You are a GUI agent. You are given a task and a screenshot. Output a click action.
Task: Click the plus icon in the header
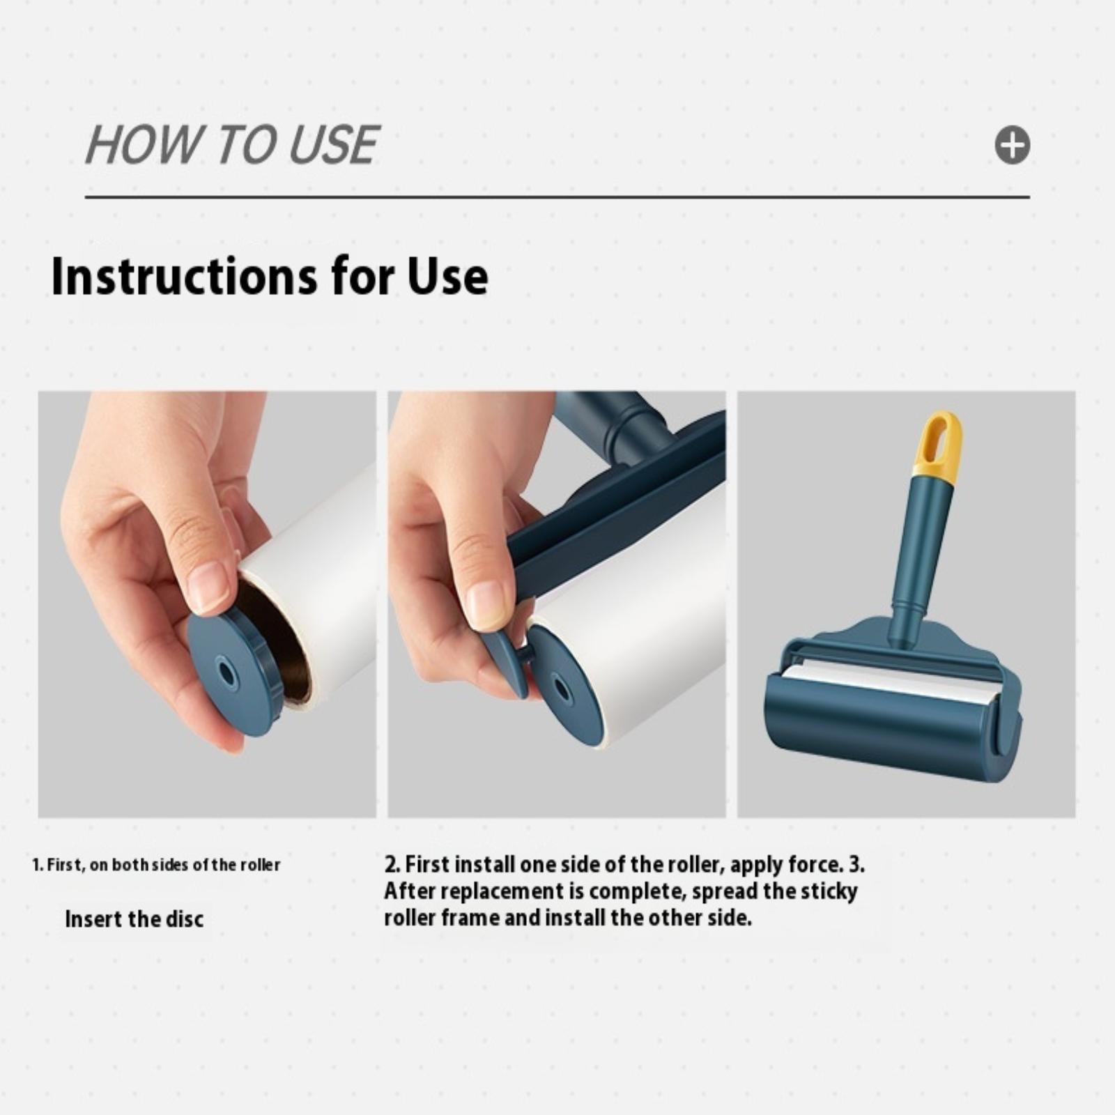click(1012, 146)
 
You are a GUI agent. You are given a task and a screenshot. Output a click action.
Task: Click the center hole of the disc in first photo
click(226, 673)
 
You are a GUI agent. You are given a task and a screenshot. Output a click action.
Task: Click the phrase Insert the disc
click(134, 918)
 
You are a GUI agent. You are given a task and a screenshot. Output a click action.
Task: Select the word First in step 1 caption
click(64, 866)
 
